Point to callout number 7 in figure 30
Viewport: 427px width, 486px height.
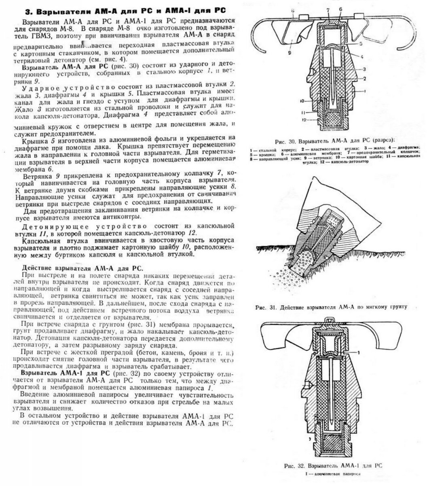pos(329,9)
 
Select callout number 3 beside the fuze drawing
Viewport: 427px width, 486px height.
pos(364,69)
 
